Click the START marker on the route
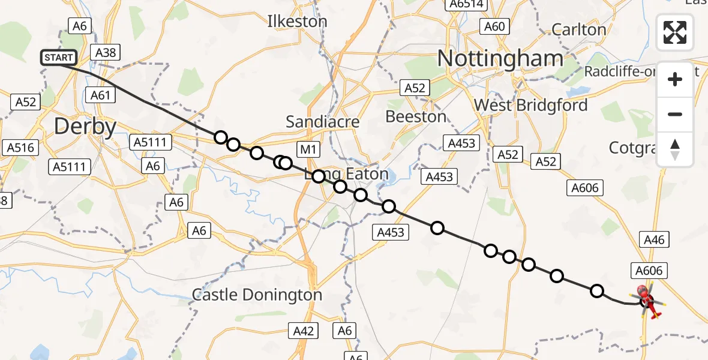point(58,58)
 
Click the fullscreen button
point(675,32)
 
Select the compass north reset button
point(675,149)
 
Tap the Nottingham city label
point(500,59)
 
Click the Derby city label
point(85,127)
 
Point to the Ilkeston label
point(298,22)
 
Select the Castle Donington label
point(257,295)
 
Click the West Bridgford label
point(530,105)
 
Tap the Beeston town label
point(416,116)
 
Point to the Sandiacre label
point(323,122)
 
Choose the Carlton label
point(578,29)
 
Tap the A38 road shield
point(106,52)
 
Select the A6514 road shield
point(467,5)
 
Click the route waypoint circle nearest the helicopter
point(596,291)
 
